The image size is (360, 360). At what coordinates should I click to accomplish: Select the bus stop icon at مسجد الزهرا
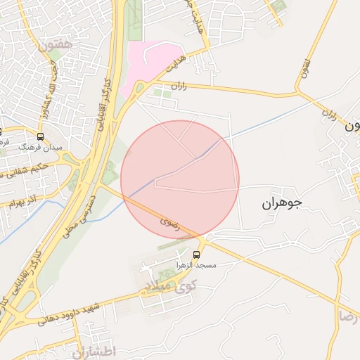click(x=197, y=255)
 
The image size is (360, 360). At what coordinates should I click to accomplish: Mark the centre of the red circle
click(x=180, y=179)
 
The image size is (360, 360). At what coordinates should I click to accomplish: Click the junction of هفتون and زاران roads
click(x=298, y=91)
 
